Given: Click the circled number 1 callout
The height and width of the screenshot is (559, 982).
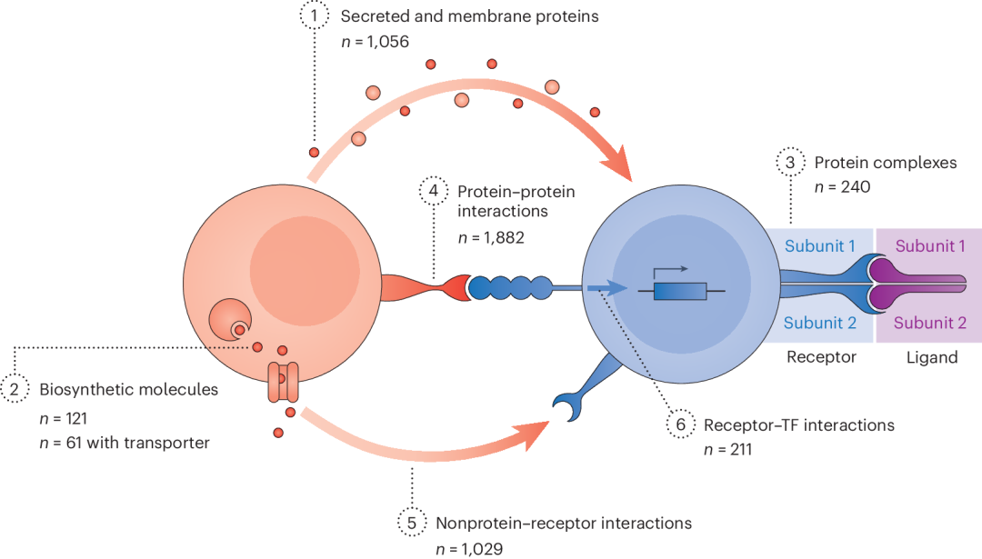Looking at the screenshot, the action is pyautogui.click(x=314, y=15).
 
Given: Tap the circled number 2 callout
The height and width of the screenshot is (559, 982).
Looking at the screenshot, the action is pyautogui.click(x=15, y=389).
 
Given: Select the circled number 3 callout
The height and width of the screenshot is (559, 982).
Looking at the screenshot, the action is pyautogui.click(x=790, y=162).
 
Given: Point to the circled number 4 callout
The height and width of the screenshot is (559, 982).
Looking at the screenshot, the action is pyautogui.click(x=434, y=190).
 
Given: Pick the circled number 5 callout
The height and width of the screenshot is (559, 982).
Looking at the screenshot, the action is pyautogui.click(x=412, y=523).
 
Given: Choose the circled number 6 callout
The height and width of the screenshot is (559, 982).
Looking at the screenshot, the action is pyautogui.click(x=681, y=424).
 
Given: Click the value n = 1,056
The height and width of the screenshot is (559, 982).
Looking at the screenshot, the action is pyautogui.click(x=376, y=42).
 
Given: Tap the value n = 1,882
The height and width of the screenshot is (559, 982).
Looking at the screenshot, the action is pyautogui.click(x=491, y=238).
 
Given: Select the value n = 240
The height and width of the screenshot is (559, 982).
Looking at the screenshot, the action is pyautogui.click(x=842, y=186).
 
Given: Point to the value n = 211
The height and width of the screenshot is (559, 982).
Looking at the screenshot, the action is pyautogui.click(x=727, y=449).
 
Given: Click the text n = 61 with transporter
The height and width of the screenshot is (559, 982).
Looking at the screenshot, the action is pyautogui.click(x=125, y=443).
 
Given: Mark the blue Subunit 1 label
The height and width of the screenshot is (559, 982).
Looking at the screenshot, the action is pyautogui.click(x=820, y=246).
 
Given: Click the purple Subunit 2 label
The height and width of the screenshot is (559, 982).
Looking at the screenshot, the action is pyautogui.click(x=929, y=323).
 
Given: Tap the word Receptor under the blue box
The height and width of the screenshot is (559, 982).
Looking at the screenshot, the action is pyautogui.click(x=821, y=357).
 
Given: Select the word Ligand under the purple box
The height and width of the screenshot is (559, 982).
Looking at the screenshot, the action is pyautogui.click(x=932, y=357).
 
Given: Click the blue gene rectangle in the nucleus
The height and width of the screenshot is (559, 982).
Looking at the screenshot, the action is pyautogui.click(x=680, y=291).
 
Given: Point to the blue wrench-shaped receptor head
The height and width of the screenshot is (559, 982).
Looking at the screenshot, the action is pyautogui.click(x=572, y=404).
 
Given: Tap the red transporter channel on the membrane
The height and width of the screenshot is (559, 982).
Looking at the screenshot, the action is pyautogui.click(x=283, y=382).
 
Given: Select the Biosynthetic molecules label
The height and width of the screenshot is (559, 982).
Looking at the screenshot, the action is pyautogui.click(x=129, y=389).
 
